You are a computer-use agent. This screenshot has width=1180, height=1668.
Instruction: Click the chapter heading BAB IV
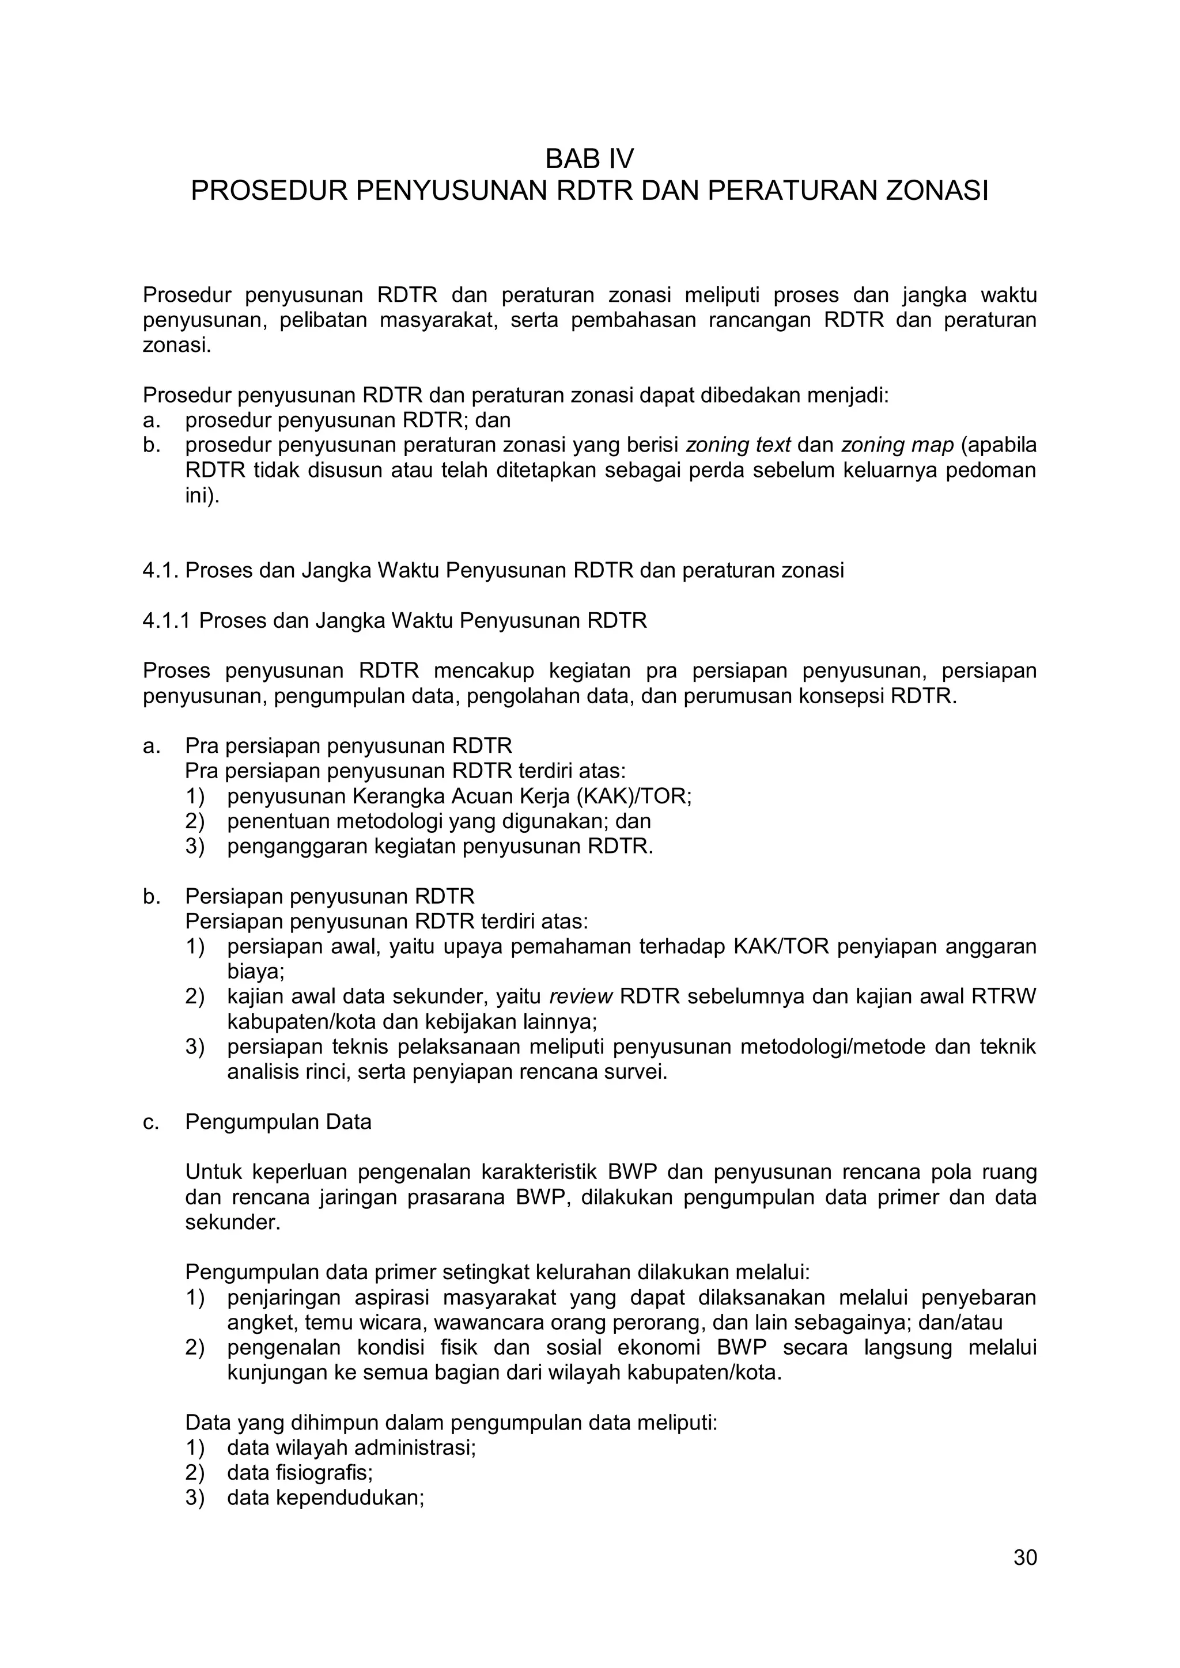click(x=589, y=158)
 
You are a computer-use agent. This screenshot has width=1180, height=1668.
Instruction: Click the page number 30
click(x=1025, y=1557)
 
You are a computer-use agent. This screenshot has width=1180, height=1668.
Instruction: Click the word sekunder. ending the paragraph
click(x=233, y=1222)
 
